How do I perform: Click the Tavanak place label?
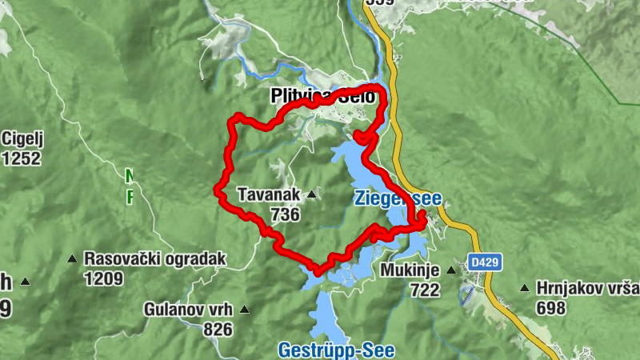(268, 194)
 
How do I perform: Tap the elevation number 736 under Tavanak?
(285, 214)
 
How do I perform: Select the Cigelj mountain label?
(22, 138)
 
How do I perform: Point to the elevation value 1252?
(22, 158)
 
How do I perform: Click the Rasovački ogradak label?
(155, 259)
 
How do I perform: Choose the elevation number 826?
(217, 330)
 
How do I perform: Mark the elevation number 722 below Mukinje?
(425, 290)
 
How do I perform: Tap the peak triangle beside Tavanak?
(311, 194)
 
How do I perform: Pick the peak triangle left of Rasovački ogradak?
(73, 259)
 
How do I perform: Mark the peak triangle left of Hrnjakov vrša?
(524, 288)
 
